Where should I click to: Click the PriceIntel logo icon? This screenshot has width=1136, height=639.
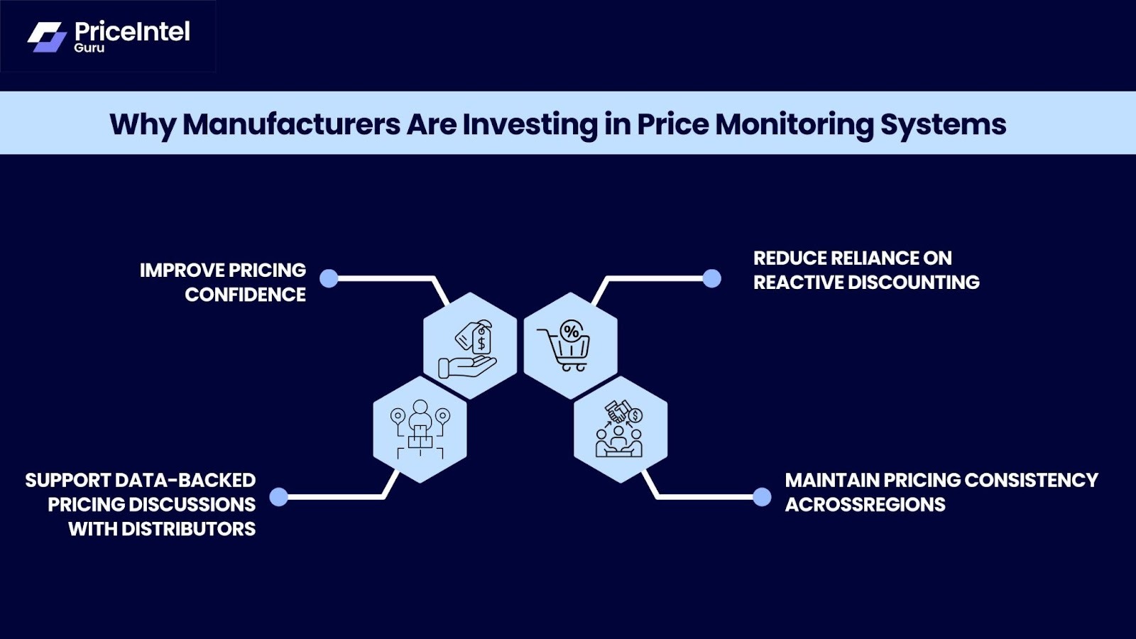pos(47,37)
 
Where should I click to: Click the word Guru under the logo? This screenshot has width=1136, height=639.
pos(89,48)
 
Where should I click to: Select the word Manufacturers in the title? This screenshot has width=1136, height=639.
pos(291,124)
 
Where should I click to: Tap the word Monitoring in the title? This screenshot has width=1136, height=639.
pos(794,124)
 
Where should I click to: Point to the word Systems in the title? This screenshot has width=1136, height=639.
pos(943,124)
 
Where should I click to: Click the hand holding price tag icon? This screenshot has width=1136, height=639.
pos(469,347)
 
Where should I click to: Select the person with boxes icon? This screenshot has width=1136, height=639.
pos(420,429)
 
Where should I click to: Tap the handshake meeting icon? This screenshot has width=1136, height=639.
pos(620,429)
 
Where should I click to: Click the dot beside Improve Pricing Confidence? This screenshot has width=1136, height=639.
pos(329,278)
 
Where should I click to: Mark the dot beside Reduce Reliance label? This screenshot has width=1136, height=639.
pos(711,278)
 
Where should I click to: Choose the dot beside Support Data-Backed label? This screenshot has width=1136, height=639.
pos(279,496)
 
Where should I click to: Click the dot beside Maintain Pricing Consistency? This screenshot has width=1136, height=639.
pos(762,496)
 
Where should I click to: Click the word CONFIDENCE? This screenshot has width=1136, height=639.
pos(245,295)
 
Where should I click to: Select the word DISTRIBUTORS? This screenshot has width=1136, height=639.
pos(188,529)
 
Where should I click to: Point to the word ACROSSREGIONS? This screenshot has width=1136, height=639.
pos(865,505)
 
